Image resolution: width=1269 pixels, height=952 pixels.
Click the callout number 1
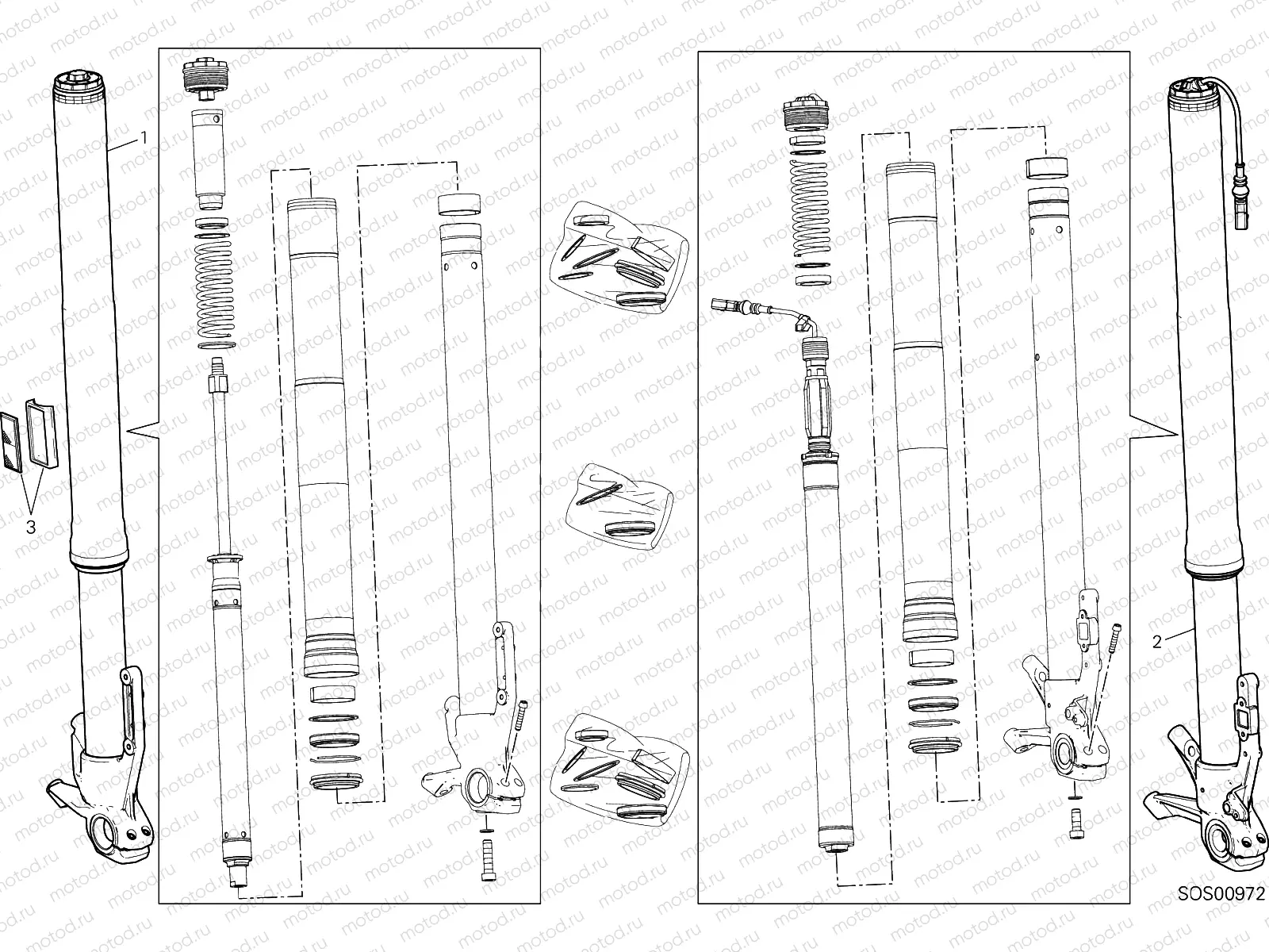click(144, 138)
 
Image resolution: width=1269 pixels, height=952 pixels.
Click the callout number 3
click(31, 527)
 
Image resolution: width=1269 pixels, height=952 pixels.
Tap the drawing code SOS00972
click(1221, 916)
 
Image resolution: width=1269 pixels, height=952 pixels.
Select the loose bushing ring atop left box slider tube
click(460, 205)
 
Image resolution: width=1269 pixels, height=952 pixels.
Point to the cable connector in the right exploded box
click(727, 304)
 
